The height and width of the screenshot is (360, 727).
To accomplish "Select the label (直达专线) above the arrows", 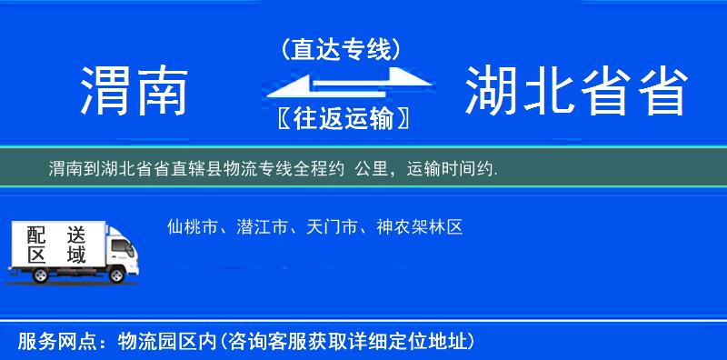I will [x=341, y=50].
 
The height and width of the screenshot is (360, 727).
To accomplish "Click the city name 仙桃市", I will [x=193, y=227].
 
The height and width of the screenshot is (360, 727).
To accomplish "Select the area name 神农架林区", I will [x=418, y=227].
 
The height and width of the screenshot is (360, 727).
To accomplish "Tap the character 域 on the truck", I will [x=75, y=255].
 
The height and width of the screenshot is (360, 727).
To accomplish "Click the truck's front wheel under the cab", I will [x=119, y=275].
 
